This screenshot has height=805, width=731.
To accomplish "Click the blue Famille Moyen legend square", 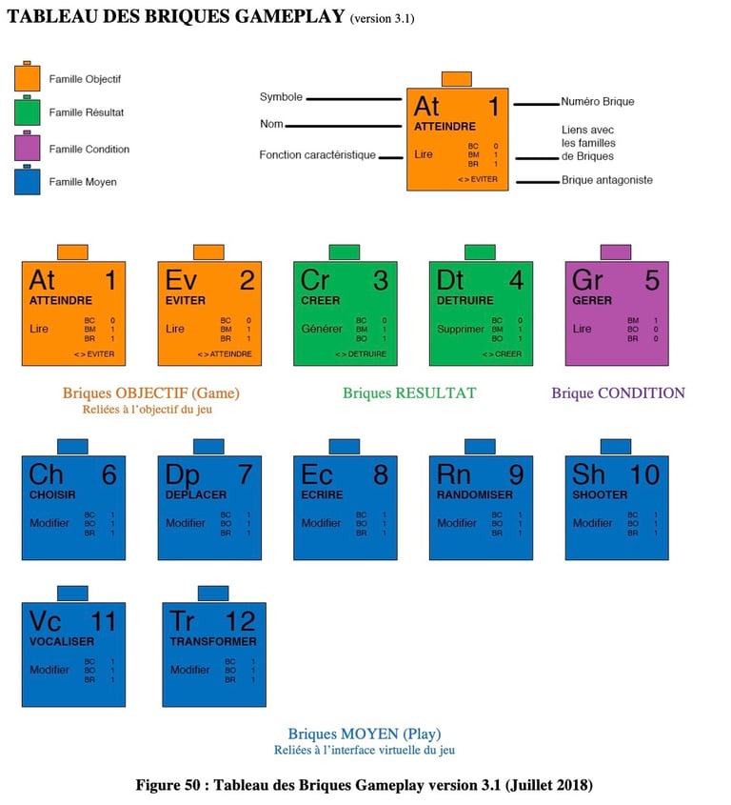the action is [x=27, y=181].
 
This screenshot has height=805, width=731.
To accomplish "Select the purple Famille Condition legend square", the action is [x=27, y=149].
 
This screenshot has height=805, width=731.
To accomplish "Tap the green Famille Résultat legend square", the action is [x=27, y=112].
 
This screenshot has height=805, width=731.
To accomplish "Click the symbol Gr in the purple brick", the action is [x=587, y=280].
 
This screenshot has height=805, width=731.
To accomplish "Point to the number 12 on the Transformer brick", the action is [x=240, y=621].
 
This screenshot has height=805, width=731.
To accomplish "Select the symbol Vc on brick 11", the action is [x=45, y=621].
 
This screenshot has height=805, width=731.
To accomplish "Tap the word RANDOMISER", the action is [x=474, y=495].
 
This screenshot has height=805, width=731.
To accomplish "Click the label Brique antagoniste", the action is [x=606, y=180].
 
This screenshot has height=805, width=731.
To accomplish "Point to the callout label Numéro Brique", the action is [x=597, y=102].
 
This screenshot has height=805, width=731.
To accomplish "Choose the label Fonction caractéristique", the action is [x=317, y=155].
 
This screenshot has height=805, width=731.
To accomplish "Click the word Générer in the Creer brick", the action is [x=321, y=329].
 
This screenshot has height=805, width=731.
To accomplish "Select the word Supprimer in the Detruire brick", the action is [x=460, y=329].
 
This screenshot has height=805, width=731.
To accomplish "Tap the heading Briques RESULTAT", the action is [x=409, y=392].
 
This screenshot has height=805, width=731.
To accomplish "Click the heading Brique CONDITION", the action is [x=618, y=392].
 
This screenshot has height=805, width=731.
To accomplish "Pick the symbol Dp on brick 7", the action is [x=182, y=473].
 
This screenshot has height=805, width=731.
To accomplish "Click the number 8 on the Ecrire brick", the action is [x=381, y=473].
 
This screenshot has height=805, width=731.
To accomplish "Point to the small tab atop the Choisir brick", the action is [x=72, y=447].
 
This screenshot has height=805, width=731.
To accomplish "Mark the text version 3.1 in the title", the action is [x=382, y=19].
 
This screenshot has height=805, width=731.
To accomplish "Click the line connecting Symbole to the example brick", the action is [x=353, y=98].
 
